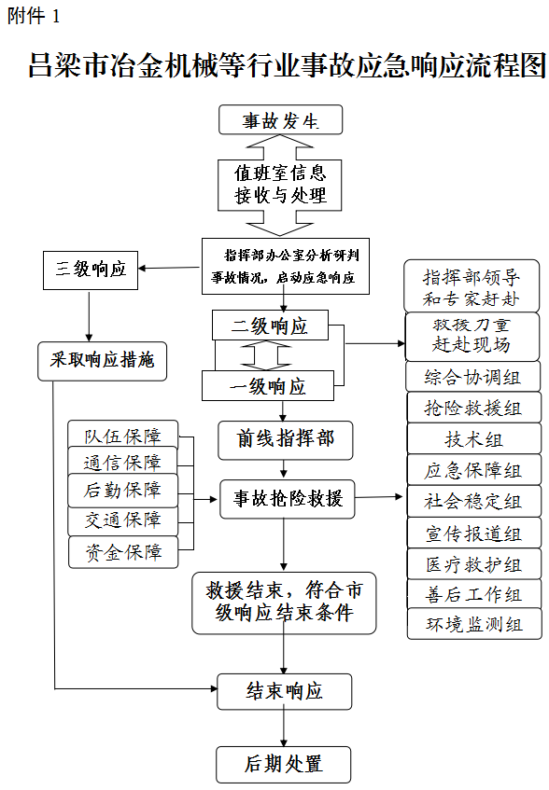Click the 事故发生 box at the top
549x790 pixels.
coord(280,120)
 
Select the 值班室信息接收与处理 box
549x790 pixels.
coord(280,185)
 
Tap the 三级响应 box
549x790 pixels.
coord(91,270)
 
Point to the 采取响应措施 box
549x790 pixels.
coord(102,361)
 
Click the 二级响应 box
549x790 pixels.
coord(270,325)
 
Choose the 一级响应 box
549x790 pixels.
coord(268,386)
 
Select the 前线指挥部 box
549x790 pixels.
coord(285,440)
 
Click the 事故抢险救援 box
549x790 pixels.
coord(288,499)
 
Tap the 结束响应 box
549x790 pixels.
coord(285,691)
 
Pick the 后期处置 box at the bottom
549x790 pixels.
coord(283,764)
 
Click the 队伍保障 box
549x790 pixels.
coord(123,435)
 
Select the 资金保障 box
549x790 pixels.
coord(123,552)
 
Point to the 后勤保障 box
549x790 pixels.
coord(123,491)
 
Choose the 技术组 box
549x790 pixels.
coord(474,438)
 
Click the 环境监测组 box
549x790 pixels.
coord(474,624)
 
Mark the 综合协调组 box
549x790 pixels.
coord(472,377)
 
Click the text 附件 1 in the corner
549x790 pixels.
coord(34,16)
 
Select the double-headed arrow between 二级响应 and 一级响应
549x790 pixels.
coord(266,355)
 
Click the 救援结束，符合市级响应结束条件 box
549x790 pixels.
coord(284,603)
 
